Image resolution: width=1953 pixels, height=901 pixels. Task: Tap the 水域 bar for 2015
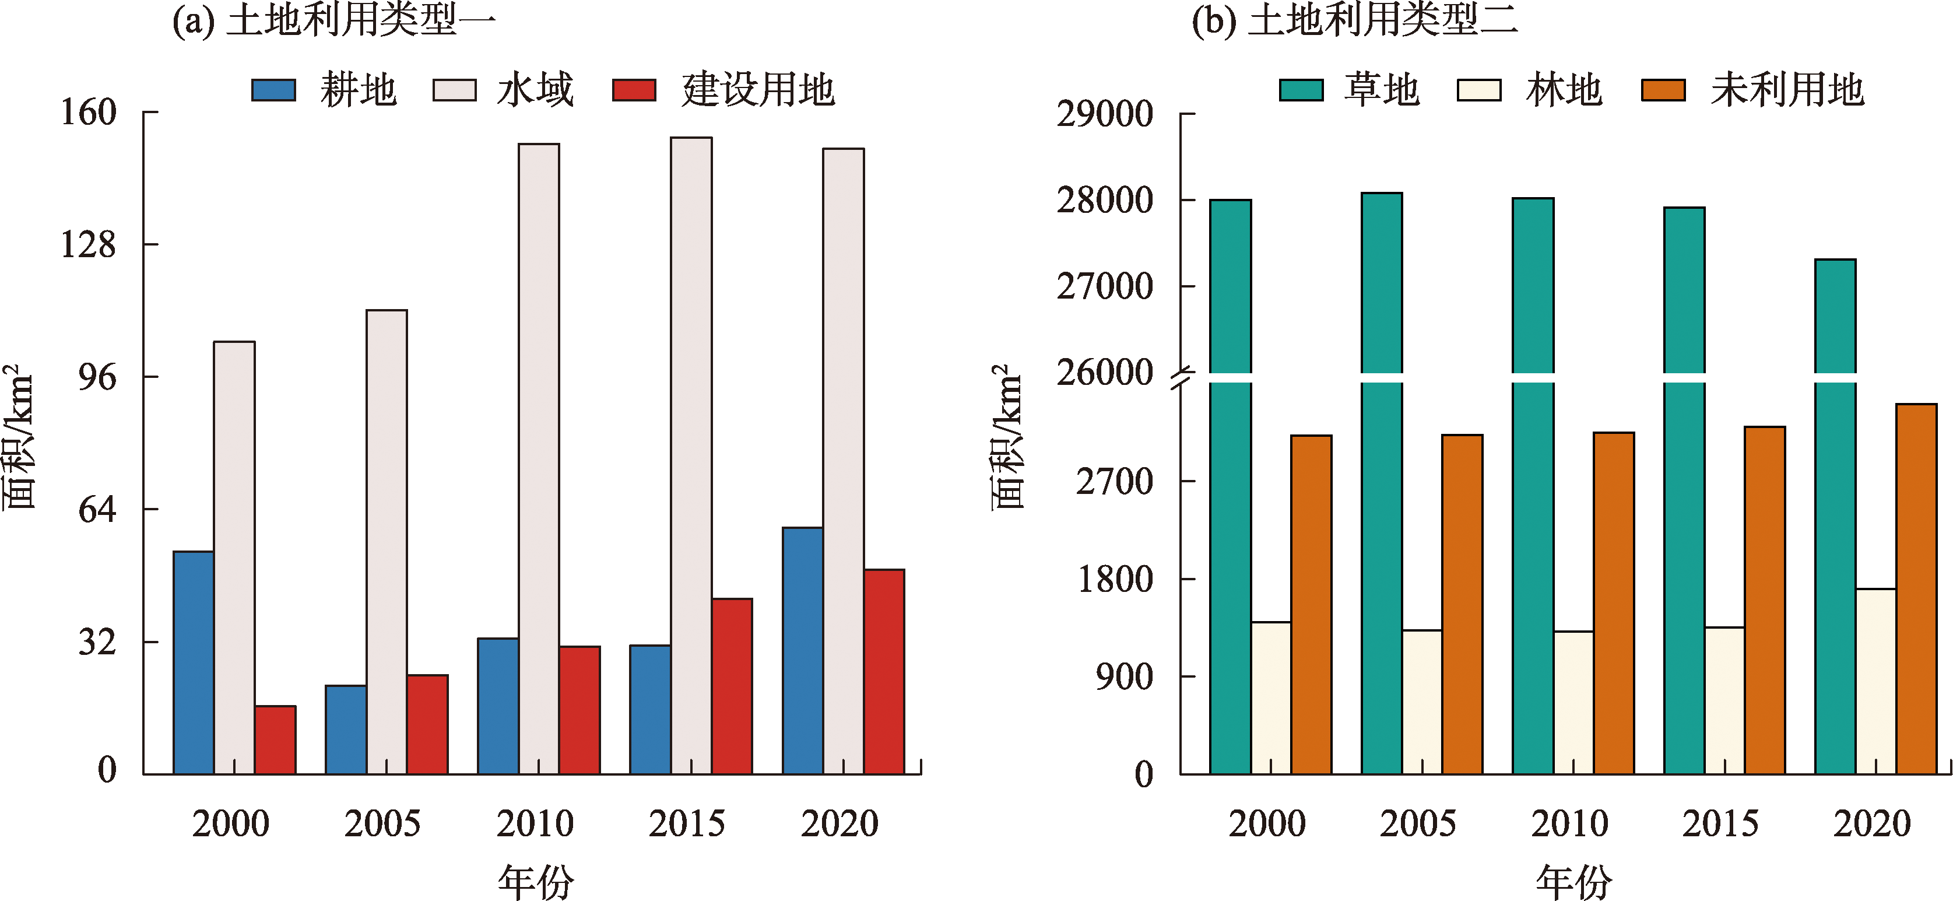tap(691, 455)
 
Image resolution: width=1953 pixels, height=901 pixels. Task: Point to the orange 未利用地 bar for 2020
tap(1916, 588)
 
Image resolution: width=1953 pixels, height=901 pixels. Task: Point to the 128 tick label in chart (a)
tap(88, 244)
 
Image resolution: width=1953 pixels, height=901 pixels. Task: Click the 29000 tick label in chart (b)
tap(1105, 114)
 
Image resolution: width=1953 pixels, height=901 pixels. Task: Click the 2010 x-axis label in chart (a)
tap(535, 823)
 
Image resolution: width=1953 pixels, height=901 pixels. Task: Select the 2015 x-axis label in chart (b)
tap(1720, 823)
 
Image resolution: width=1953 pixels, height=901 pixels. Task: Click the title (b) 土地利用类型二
tap(1355, 20)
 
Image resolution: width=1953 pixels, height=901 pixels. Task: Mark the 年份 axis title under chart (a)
tap(535, 881)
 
